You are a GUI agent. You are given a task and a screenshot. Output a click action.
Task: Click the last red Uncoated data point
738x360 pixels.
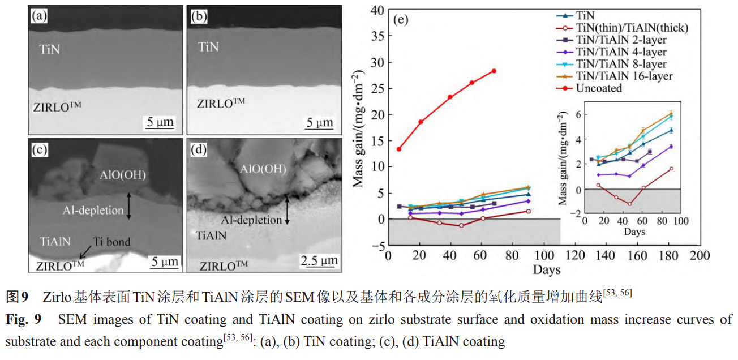[x=494, y=71]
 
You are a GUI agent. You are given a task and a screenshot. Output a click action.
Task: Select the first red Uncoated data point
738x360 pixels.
[x=399, y=149]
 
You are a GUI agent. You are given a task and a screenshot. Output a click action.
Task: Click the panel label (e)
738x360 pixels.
[x=400, y=21]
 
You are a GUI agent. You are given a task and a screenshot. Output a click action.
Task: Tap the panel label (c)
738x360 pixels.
[x=39, y=151]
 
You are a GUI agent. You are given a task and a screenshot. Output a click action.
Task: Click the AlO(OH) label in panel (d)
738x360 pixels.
[x=263, y=169]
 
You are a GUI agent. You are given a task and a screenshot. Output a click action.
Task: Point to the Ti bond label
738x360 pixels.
[x=111, y=242]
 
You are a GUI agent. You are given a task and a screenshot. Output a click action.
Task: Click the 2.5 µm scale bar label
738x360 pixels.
[x=319, y=261]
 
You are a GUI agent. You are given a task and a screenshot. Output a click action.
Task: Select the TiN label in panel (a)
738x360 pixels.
[x=50, y=49]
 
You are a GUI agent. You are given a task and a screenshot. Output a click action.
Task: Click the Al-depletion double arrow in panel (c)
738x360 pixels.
[x=129, y=205]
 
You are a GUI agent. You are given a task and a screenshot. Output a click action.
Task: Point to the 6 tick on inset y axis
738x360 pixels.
[x=578, y=114]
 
